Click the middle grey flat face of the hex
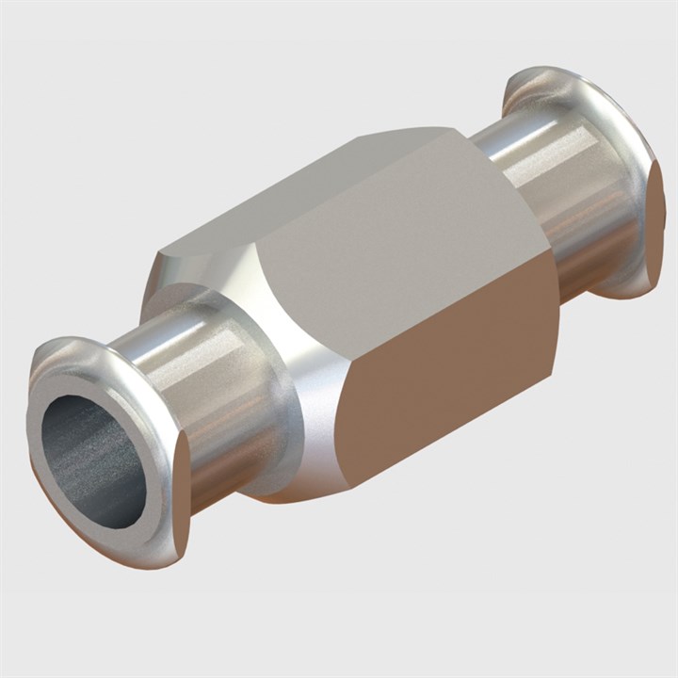[x=414, y=245]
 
